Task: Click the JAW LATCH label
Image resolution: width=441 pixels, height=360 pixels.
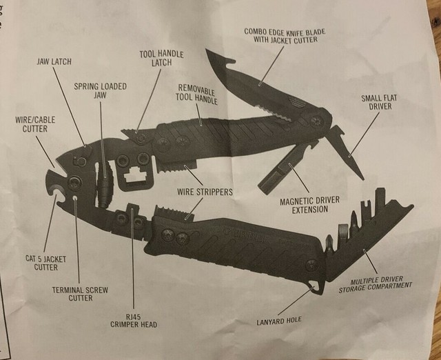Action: pyautogui.click(x=53, y=61)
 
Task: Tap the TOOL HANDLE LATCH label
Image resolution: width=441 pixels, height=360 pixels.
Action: pyautogui.click(x=156, y=57)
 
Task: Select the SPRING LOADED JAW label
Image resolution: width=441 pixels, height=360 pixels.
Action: pyautogui.click(x=101, y=91)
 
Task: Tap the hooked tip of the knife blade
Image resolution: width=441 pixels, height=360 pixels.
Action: pyautogui.click(x=207, y=54)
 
